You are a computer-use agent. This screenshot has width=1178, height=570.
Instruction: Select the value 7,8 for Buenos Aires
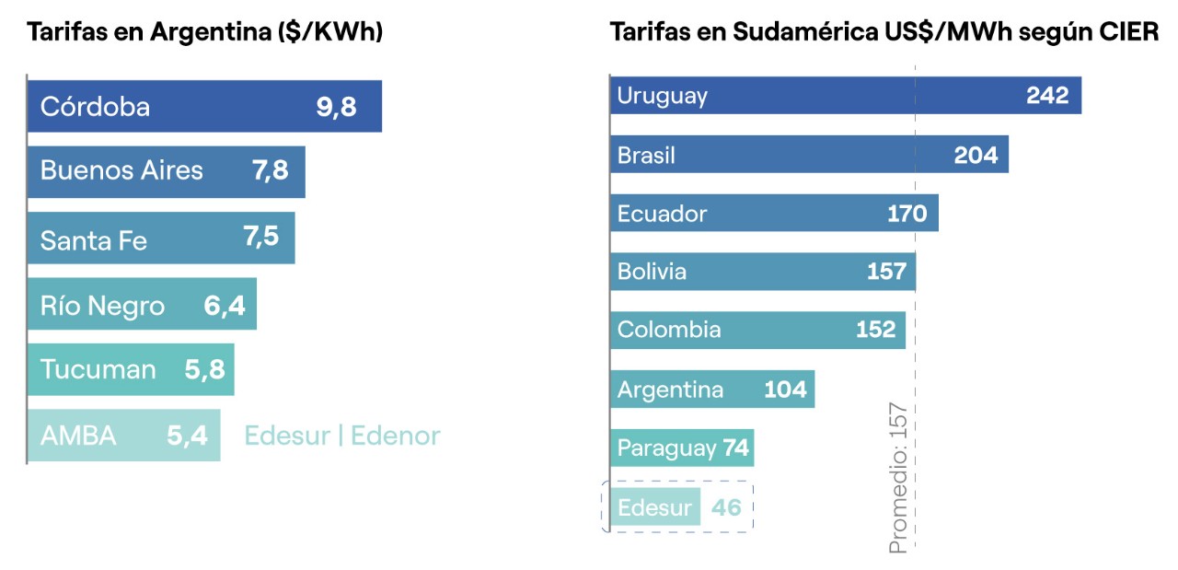pos(270,170)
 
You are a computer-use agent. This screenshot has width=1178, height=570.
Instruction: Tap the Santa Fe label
pos(93,240)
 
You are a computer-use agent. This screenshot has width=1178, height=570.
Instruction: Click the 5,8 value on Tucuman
pos(204,370)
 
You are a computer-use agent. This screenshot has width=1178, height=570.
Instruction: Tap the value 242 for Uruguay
pos(1047,96)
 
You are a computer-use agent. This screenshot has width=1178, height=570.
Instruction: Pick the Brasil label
pos(646,156)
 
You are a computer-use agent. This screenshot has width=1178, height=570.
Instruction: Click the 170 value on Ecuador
pos(907,215)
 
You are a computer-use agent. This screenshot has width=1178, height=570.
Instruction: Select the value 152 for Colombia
pos(875,330)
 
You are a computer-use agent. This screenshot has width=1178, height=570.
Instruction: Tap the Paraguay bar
pos(681,448)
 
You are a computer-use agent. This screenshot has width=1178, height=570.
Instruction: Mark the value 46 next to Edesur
pos(726,507)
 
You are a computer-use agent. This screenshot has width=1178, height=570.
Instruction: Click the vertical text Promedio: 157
pos(898,478)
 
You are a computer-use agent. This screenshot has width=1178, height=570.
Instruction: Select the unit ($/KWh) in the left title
pos(330,32)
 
